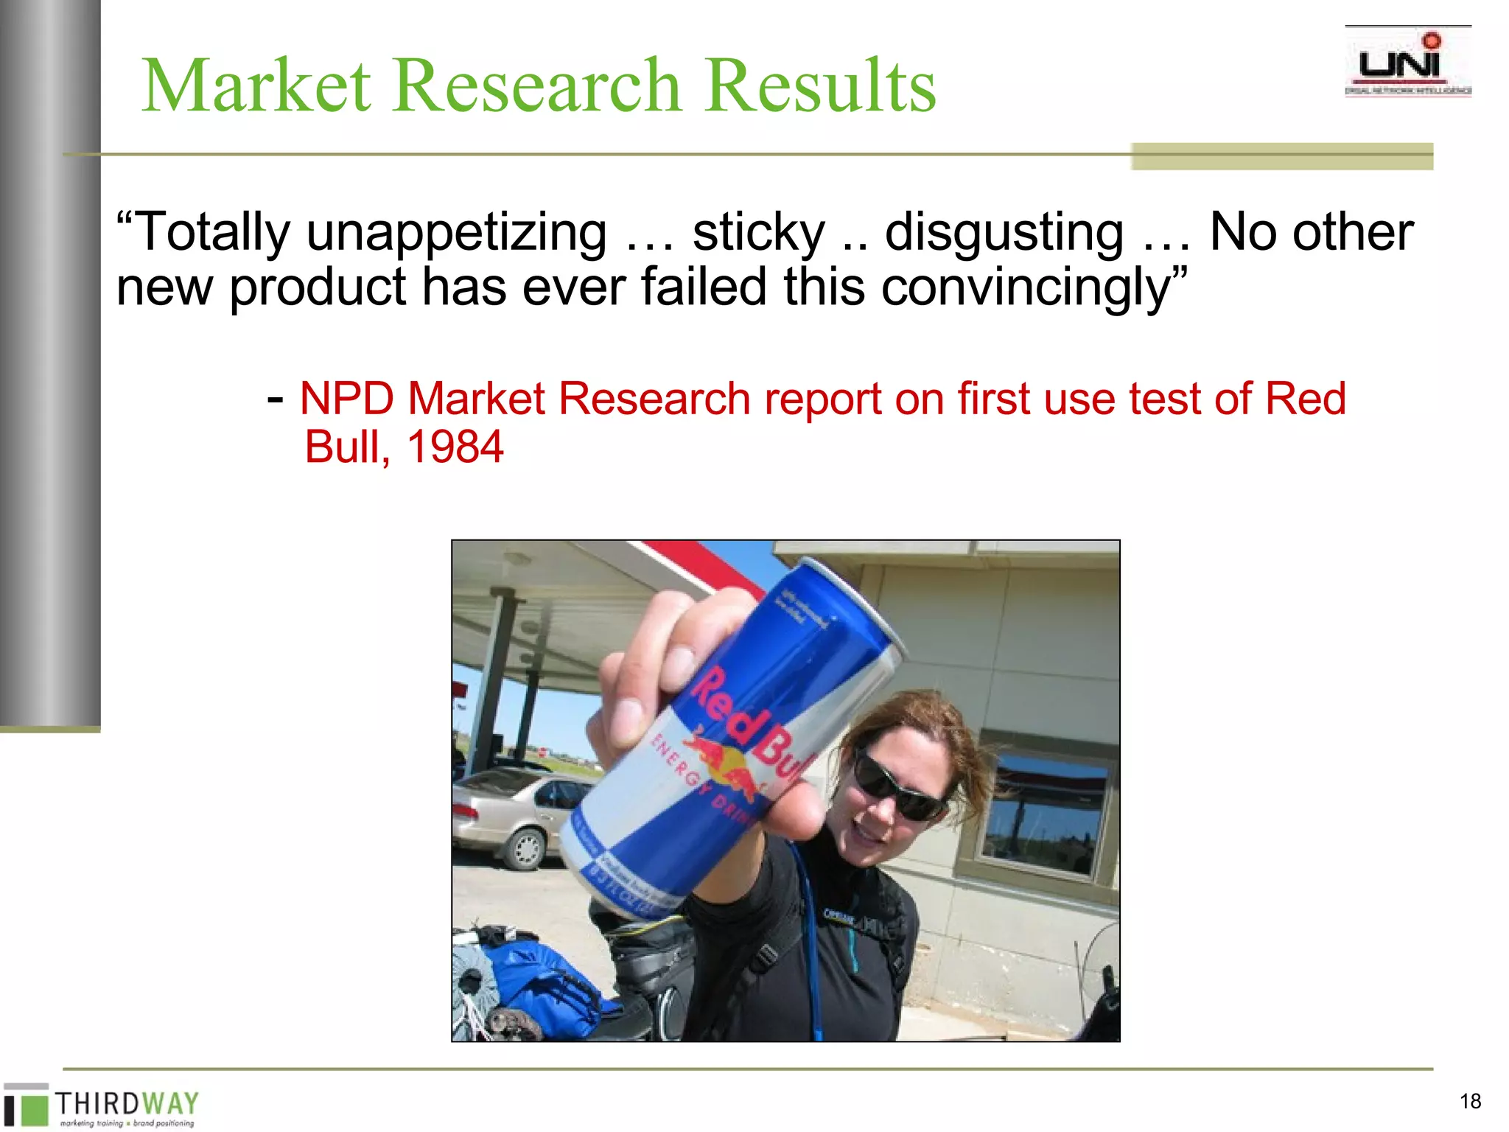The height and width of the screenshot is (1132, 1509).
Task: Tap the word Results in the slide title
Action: point(820,86)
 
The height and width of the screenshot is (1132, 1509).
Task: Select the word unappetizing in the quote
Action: point(457,233)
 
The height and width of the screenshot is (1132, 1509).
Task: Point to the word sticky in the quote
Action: point(758,233)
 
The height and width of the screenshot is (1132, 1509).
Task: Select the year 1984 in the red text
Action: point(455,447)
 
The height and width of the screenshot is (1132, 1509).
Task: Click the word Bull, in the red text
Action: point(347,447)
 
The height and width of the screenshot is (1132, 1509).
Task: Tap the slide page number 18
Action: point(1470,1101)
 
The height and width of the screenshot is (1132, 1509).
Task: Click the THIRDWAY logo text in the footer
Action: point(127,1103)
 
